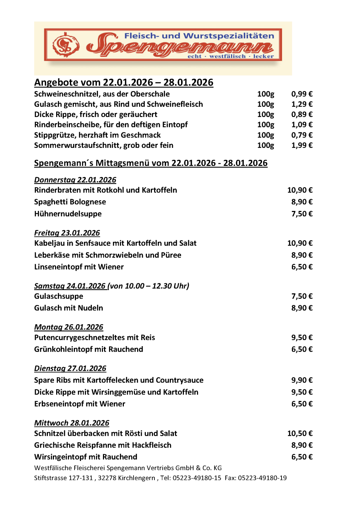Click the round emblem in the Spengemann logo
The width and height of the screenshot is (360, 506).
pos(66,45)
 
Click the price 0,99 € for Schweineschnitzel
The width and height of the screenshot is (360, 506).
pos(302,94)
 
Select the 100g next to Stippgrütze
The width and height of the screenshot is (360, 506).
pos(265,135)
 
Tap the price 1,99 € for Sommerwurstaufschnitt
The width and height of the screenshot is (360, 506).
pos(302,145)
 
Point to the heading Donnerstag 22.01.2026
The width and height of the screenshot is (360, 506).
pos(75,180)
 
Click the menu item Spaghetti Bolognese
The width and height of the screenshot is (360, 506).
pos(70,202)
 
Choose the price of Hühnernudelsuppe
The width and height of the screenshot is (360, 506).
pos(302,214)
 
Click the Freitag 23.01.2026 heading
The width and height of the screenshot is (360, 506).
pos(67,233)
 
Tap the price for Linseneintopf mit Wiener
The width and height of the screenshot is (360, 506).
pos(302,267)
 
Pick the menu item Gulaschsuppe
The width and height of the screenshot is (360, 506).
pos(59,296)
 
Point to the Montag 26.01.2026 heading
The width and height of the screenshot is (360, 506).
pos(69,327)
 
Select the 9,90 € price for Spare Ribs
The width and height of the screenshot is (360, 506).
pos(302,380)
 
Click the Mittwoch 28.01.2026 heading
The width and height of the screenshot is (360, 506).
pos(72,423)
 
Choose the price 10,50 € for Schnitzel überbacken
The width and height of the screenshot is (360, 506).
pos(300,434)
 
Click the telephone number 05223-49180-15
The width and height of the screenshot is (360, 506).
pos(197,478)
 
